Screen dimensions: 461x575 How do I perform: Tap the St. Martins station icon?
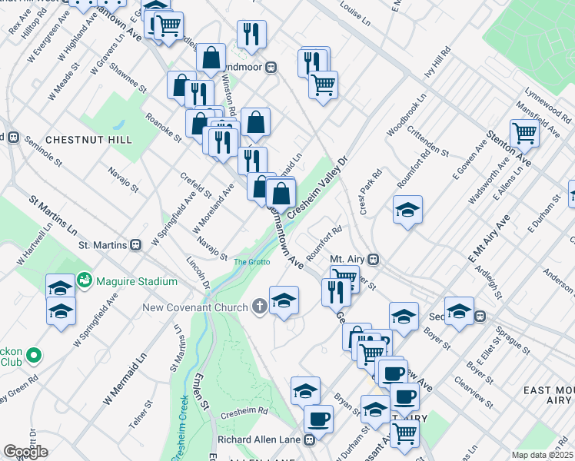[136, 246]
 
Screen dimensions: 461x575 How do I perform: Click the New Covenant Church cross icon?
[261, 308]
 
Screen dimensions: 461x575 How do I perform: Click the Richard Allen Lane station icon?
[309, 440]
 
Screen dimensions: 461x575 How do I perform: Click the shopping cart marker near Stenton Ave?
[524, 133]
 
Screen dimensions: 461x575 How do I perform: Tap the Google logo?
[25, 452]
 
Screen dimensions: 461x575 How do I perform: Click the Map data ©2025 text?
[543, 455]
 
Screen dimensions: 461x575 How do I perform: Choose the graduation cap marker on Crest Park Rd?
[407, 209]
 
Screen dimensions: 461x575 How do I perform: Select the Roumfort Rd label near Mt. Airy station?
[324, 240]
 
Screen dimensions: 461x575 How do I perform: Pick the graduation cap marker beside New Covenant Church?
[284, 300]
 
